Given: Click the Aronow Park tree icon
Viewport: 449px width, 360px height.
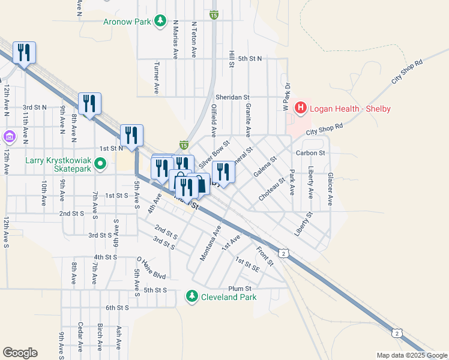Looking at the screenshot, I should click(160, 22).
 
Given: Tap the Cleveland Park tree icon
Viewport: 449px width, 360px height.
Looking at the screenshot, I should click(192, 296).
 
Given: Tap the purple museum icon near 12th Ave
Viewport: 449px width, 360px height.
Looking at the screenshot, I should click(9, 137).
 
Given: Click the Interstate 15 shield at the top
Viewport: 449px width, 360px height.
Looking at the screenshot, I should click(214, 14).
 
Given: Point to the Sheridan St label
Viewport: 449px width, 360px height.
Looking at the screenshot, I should click(232, 97).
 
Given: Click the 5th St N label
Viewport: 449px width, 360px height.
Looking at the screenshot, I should click(250, 59).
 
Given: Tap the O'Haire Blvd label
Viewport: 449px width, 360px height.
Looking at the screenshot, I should click(151, 268).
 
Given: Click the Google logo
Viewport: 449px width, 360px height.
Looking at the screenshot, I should click(20, 353).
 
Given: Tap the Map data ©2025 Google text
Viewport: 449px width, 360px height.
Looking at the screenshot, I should click(411, 355).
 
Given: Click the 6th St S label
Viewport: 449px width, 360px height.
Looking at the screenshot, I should click(118, 307).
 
